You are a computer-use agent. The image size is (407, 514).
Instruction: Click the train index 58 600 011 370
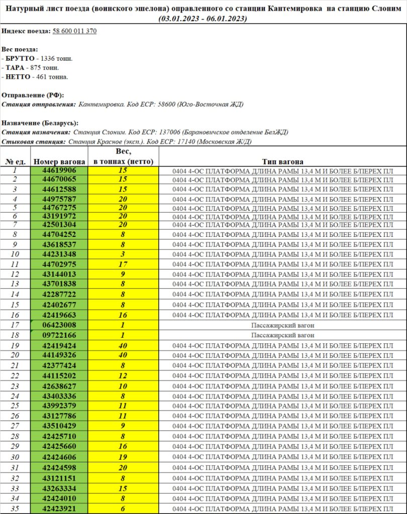pos(74,31)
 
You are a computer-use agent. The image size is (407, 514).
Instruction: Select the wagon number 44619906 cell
pos(59,170)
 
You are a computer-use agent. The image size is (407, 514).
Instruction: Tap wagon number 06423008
pos(59,325)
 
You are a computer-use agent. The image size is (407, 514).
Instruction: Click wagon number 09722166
pos(59,335)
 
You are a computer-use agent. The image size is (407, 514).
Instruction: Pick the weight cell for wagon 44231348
pos(123,254)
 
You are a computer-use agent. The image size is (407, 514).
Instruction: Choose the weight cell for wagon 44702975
pos(123,264)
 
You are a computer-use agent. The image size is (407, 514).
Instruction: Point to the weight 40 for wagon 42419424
pos(123,345)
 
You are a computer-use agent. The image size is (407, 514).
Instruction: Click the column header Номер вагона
pos(59,162)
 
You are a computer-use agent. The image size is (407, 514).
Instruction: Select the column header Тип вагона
pos(282,162)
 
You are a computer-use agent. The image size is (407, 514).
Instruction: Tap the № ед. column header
pos(16,162)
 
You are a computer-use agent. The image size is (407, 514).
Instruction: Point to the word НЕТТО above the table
pos(19,77)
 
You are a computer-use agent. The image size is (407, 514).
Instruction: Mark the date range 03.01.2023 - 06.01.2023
pos(203,18)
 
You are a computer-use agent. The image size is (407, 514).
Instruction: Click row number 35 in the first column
pos(15,508)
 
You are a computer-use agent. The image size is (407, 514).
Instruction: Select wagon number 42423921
pos(59,508)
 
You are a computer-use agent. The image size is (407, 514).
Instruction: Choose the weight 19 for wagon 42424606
pos(123,457)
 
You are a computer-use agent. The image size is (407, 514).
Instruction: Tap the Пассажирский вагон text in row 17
pos(282,325)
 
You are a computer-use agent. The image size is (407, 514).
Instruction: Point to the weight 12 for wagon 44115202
pos(123,375)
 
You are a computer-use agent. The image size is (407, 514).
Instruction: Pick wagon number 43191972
pos(59,216)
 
